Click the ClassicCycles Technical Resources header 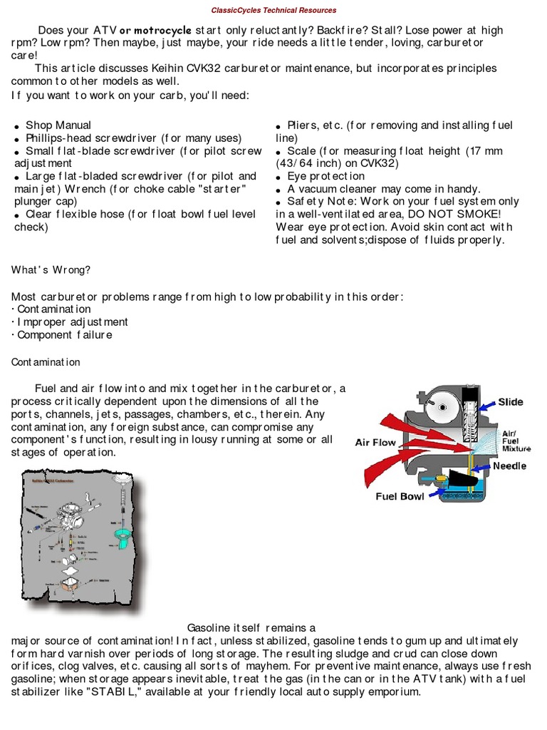(274, 11)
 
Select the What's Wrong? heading (51, 269)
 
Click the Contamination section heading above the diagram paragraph (46, 362)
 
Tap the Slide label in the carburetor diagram (511, 402)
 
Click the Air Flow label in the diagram (375, 443)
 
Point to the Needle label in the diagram (509, 466)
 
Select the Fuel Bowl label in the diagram (400, 496)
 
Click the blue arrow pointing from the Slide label (486, 404)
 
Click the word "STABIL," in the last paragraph (150, 692)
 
